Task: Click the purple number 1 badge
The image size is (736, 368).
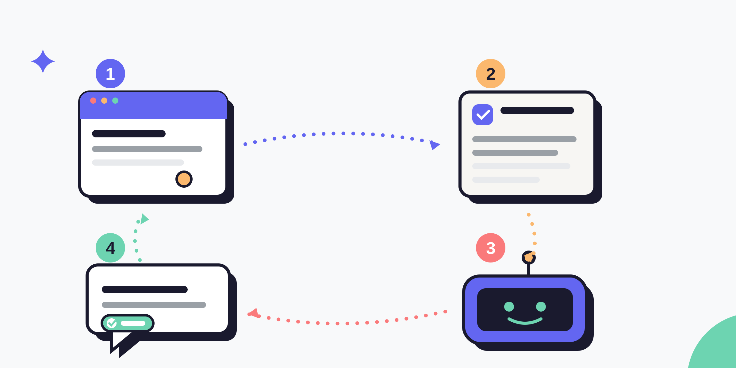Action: tap(110, 74)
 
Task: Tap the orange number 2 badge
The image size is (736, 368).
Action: tap(491, 74)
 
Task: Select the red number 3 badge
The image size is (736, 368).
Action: tap(491, 248)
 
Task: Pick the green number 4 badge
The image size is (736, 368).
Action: tap(110, 248)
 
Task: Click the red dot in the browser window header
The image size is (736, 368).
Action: tap(93, 101)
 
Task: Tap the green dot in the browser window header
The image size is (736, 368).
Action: tap(115, 101)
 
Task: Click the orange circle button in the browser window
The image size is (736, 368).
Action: tap(184, 179)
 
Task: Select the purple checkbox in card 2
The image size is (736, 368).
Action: tap(483, 115)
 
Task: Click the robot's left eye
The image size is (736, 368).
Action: tap(509, 307)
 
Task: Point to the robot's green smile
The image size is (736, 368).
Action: tap(525, 322)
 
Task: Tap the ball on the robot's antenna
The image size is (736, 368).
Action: tap(529, 258)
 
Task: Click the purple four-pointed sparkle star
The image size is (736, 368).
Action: tap(43, 61)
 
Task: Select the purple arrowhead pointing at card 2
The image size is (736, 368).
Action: tap(434, 145)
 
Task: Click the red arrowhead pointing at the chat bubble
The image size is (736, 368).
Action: tap(254, 313)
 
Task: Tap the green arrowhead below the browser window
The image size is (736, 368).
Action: tap(144, 219)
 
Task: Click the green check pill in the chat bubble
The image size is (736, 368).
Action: tap(128, 323)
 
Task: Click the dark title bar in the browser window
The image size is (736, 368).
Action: tap(129, 134)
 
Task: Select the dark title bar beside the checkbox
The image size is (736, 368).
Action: tap(537, 110)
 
